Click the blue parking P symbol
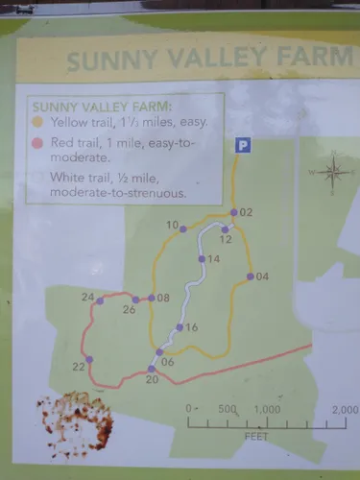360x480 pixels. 243,145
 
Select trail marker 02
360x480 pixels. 233,212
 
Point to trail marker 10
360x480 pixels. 183,228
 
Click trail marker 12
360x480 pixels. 224,228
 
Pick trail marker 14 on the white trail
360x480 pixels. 202,259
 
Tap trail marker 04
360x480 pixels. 250,276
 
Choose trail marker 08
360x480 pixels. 151,298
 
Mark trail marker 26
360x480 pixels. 135,300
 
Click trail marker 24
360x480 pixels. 100,300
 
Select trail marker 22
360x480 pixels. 89,360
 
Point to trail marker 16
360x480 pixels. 178,327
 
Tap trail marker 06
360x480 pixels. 159,352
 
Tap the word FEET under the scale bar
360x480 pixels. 256,435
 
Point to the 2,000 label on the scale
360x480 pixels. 344,410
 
